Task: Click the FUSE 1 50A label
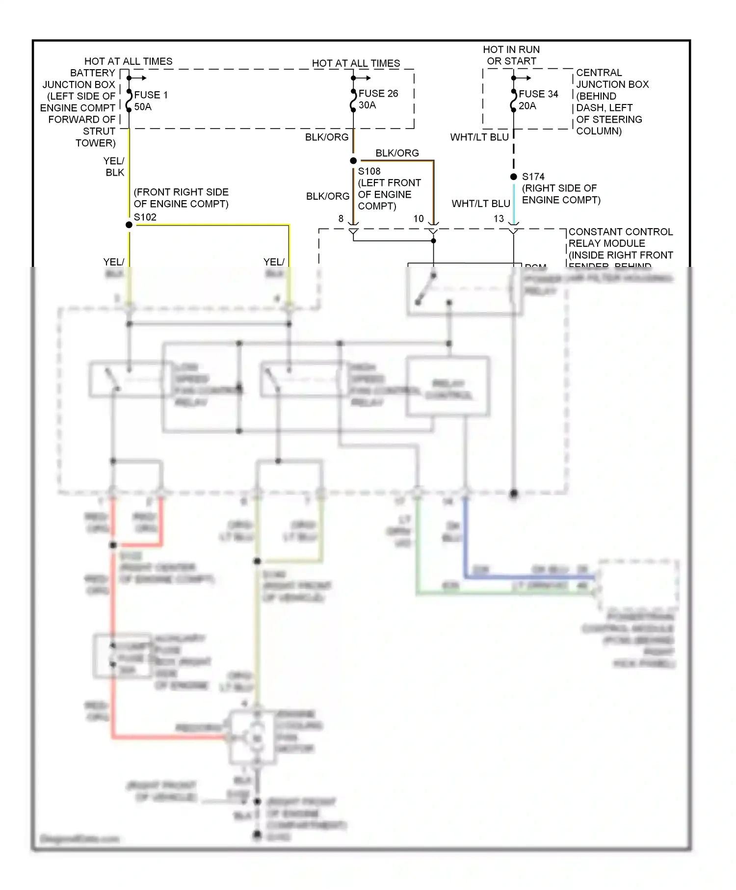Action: [150, 101]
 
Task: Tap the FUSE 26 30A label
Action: [378, 99]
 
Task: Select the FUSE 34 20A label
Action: [538, 100]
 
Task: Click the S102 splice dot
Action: [129, 225]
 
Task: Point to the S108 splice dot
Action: [353, 161]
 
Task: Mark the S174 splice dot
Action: [514, 177]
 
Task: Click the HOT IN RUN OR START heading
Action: [511, 55]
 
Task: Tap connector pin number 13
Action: [499, 219]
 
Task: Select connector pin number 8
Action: [341, 219]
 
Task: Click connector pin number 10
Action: [418, 219]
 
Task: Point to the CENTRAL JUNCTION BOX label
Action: [611, 102]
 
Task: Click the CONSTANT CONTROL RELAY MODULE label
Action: [620, 243]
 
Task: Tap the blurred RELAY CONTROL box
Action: [448, 388]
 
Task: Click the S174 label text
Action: [533, 177]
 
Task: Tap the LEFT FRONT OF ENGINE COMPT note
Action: [389, 194]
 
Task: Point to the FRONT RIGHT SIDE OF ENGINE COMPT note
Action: [181, 198]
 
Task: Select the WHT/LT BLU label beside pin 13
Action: [480, 204]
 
